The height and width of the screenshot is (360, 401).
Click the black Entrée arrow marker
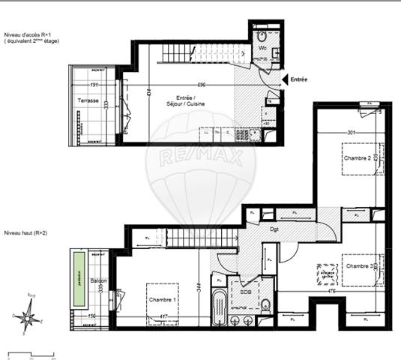click(283, 79)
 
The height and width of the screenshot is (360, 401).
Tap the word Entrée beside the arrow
click(299, 79)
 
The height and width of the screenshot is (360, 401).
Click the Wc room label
click(263, 49)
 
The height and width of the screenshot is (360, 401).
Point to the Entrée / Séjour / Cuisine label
click(190, 101)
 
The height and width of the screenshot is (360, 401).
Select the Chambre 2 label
click(358, 158)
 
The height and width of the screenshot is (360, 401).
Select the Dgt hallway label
click(274, 230)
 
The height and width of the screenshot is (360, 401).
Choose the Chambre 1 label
click(164, 301)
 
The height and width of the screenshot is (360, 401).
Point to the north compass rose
click(28, 317)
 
